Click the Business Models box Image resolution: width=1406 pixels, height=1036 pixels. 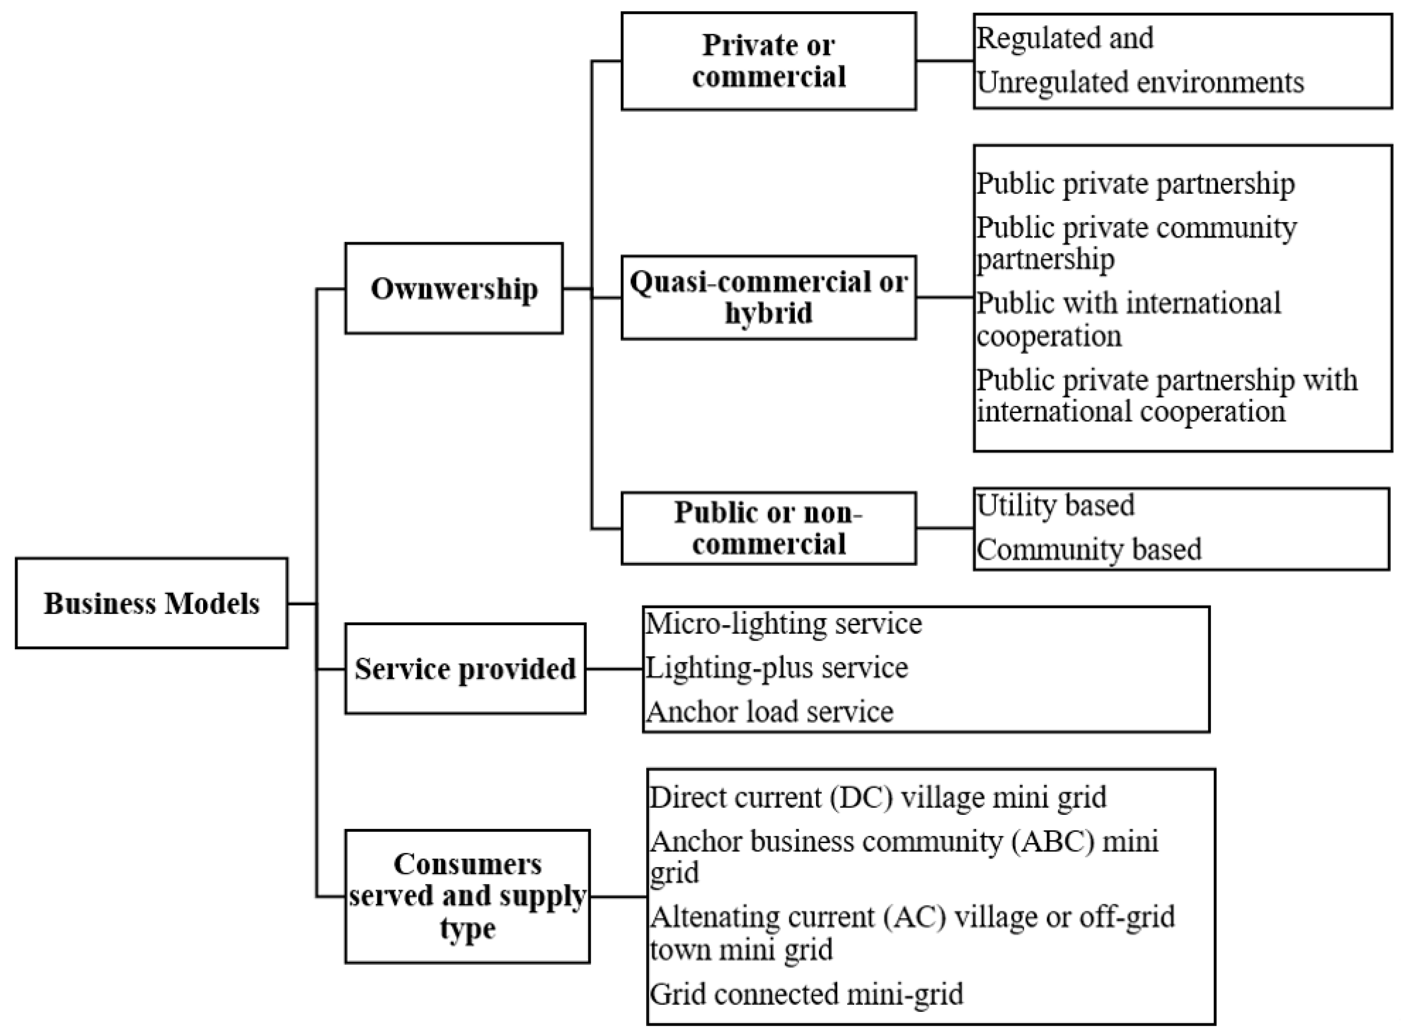pos(151,602)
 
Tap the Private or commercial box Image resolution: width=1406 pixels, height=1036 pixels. pos(769,61)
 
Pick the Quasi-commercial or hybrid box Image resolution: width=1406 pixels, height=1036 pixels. pos(769,297)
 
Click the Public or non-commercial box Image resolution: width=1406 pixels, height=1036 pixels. pos(769,528)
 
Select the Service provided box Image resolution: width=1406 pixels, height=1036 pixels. pos(465,669)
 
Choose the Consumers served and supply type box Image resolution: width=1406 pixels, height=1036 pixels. pos(467,896)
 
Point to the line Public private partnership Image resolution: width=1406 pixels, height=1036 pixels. pos(1135,184)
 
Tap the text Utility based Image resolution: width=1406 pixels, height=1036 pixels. pos(1055,505)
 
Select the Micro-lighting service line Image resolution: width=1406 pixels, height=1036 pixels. pos(784,624)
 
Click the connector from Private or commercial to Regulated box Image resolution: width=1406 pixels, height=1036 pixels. pos(944,61)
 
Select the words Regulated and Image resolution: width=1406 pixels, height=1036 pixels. pos(1065,38)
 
